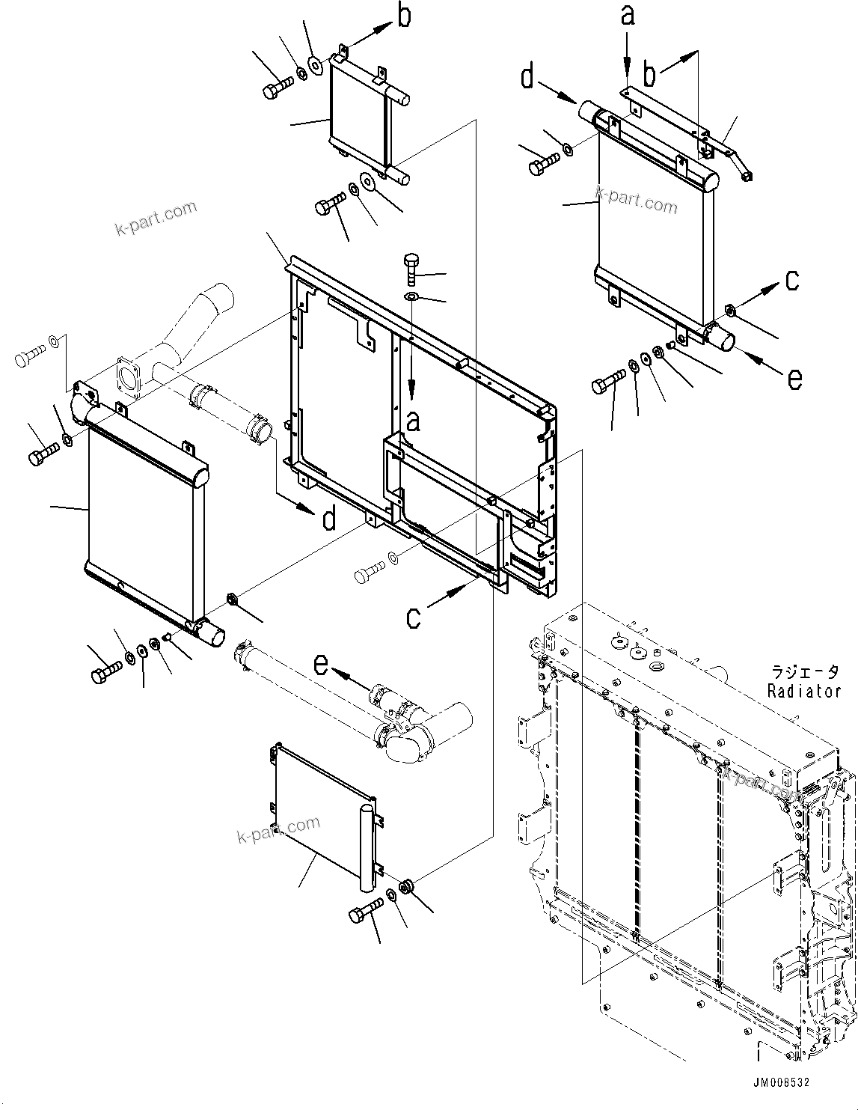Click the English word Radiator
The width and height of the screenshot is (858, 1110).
[804, 691]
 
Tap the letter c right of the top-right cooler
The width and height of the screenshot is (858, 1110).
[792, 280]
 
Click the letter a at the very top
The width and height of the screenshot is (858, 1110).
[628, 15]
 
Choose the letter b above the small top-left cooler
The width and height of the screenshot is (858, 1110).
[404, 17]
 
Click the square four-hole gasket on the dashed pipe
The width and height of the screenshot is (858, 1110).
[130, 378]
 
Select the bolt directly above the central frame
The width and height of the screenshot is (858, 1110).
[413, 269]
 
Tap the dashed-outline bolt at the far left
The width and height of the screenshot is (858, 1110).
[29, 360]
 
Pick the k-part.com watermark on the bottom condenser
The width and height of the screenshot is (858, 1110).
[278, 831]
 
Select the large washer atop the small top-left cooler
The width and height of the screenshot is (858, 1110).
[316, 67]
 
